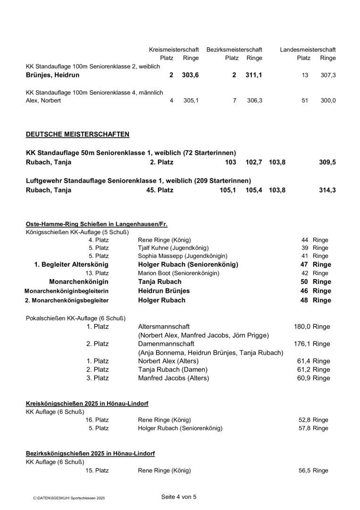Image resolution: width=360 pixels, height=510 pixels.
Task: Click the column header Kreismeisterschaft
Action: [174, 50]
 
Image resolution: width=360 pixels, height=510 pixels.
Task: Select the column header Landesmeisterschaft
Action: [308, 50]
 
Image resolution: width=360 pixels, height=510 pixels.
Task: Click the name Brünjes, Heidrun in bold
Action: [52, 75]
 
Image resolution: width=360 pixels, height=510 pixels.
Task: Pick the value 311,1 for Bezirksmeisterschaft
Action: [254, 75]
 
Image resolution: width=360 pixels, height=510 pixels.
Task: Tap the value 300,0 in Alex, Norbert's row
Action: [327, 101]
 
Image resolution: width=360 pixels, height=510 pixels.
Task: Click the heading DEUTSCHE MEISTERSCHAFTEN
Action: [77, 135]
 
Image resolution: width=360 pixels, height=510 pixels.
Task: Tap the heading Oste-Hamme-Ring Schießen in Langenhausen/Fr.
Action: [96, 224]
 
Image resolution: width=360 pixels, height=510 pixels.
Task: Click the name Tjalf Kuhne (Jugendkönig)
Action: [173, 247]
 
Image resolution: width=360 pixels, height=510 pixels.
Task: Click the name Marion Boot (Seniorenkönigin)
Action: [179, 273]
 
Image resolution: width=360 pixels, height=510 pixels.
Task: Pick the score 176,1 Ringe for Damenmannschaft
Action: [312, 344]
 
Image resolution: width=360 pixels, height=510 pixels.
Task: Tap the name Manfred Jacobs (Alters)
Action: [173, 378]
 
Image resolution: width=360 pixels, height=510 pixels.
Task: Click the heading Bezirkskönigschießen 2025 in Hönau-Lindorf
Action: [90, 453]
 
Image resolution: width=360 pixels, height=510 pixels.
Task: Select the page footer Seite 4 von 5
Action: [179, 497]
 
